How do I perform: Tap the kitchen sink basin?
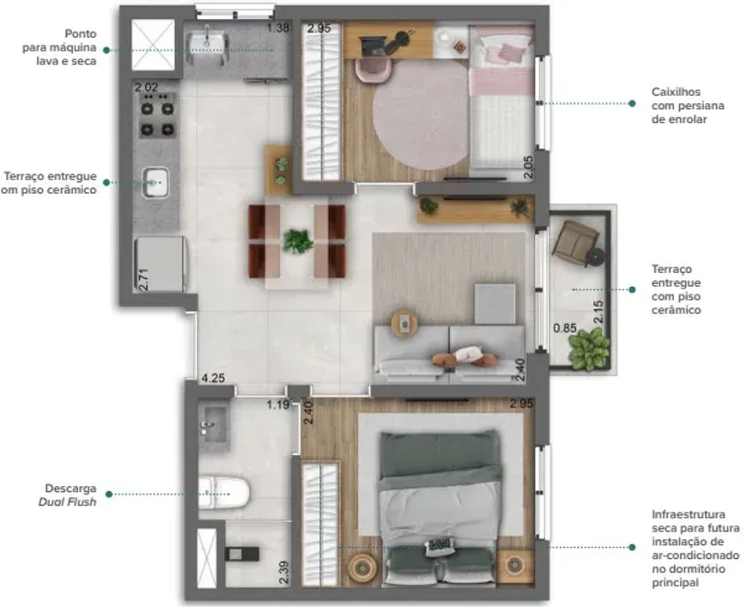[155, 182]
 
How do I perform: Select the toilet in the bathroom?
[224, 493]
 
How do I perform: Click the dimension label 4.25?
[212, 379]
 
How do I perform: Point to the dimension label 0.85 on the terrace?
[565, 328]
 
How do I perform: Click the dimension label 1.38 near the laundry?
[277, 27]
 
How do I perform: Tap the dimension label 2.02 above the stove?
[146, 88]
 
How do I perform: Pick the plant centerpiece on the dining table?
[298, 240]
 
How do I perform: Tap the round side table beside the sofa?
[404, 324]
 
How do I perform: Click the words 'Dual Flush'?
[67, 501]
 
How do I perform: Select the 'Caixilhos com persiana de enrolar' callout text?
[688, 106]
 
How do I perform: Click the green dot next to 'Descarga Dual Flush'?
[109, 495]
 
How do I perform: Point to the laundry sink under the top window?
[207, 42]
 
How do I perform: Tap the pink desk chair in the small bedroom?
[373, 70]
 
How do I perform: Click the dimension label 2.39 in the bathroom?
[283, 573]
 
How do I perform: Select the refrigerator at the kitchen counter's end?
[159, 264]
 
